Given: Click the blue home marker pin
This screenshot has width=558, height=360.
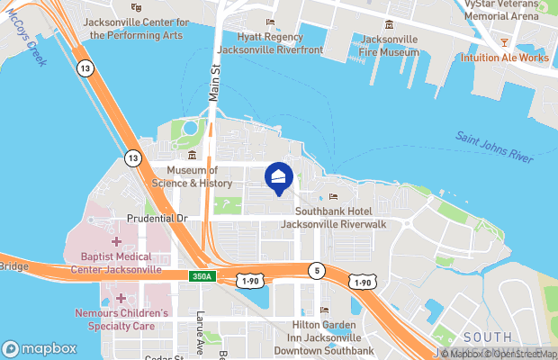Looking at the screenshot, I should [279, 178].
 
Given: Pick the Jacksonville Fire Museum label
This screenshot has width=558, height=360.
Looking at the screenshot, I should [389, 46].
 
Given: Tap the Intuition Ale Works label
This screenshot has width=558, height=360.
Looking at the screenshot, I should [505, 58].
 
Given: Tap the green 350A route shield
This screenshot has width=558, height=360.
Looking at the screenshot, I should [201, 275].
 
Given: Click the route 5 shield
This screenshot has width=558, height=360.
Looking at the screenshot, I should [315, 269].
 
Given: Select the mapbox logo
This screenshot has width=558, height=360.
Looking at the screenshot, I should [40, 348].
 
